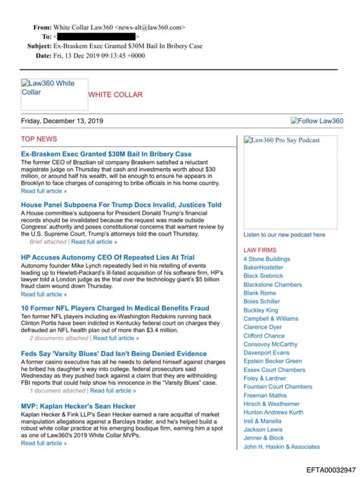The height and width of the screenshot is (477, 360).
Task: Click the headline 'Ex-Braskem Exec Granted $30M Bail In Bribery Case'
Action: coord(106,154)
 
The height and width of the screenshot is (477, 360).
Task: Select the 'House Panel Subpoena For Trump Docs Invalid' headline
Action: coord(121,205)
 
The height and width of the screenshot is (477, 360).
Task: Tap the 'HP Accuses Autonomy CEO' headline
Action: coord(108,257)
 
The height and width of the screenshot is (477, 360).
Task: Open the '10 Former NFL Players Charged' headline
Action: coord(115,308)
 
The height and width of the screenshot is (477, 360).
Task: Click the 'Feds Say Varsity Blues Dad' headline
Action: coord(114,354)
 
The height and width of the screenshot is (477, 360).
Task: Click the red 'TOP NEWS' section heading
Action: coord(39,139)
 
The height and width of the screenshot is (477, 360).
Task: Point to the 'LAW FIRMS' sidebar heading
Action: coord(259,250)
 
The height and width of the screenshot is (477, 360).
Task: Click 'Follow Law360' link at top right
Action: coord(317,121)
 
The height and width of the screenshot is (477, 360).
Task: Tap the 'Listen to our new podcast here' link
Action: coord(284,234)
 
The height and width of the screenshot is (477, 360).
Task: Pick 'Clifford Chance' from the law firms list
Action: coord(264,336)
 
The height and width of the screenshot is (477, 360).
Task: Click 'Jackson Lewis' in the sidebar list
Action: coord(262,429)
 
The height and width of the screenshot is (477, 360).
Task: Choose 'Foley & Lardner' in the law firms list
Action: coord(265,378)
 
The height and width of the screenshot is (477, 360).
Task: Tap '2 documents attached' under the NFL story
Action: coord(59,338)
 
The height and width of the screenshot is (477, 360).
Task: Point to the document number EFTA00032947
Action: coord(330,469)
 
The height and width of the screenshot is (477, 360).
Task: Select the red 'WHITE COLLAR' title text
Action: coord(115,94)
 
